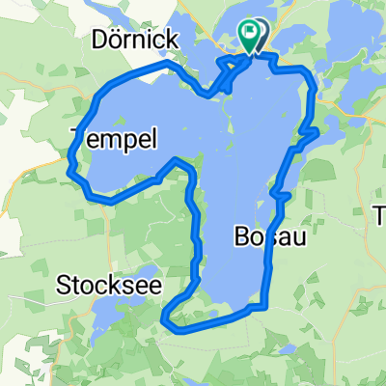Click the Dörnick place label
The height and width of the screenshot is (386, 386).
click(134, 39)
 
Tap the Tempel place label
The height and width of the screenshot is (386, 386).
click(114, 141)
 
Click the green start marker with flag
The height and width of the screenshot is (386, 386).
click(250, 36)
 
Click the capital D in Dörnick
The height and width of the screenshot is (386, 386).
click(100, 39)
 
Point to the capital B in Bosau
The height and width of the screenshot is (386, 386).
click(241, 236)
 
